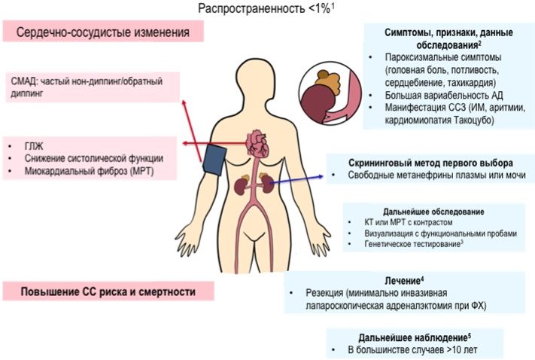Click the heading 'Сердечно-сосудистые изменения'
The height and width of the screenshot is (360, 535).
102,32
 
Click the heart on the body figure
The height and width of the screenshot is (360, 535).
258,143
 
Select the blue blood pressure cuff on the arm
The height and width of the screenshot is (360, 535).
214,160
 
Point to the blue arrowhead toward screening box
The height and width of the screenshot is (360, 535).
321,176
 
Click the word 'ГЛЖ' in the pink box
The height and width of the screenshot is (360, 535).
34,146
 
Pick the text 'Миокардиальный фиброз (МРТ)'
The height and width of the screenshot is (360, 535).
89,171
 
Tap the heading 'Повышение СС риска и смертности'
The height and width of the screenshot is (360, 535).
108,291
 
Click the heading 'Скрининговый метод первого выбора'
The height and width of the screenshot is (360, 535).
430,163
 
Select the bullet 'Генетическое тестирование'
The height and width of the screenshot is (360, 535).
412,244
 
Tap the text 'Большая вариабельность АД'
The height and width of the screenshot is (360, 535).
444,95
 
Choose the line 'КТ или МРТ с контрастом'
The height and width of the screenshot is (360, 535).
409,222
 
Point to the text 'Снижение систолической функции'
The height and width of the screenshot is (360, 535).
94,158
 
